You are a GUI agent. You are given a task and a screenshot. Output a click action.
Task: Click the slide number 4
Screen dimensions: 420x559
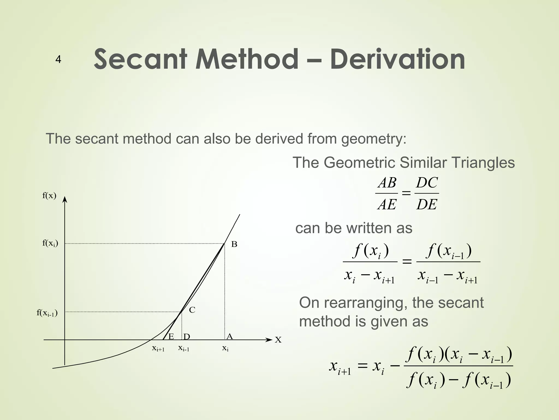coord(58,60)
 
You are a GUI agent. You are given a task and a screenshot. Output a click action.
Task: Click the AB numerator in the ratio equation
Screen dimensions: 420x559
coord(387,183)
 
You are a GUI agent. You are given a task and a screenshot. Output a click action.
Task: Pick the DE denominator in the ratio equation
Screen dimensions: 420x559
coord(427,204)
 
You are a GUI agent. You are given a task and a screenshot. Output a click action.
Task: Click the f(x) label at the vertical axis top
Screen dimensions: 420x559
coord(49,196)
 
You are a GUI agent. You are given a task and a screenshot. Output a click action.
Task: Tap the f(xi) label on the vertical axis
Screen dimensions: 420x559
coord(50,243)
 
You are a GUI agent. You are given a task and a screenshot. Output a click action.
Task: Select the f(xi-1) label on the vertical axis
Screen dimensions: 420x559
coord(47,313)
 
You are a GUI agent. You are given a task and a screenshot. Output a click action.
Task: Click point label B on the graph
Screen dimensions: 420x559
coord(234,244)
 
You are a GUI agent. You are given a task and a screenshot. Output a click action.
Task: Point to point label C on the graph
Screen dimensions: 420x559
coord(192,310)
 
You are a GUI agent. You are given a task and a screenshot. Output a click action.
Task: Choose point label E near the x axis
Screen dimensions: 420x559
coord(171,337)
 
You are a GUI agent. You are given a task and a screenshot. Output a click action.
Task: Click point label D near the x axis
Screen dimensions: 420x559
coord(187,337)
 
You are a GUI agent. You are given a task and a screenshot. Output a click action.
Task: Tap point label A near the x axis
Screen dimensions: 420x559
coord(230,336)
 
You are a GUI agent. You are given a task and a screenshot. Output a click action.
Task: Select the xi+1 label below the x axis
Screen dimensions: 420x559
coord(158,349)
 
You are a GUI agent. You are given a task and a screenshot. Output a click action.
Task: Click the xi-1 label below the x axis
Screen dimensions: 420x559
coord(184,348)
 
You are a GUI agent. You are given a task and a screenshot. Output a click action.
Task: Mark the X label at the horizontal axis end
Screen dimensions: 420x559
coord(278,340)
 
